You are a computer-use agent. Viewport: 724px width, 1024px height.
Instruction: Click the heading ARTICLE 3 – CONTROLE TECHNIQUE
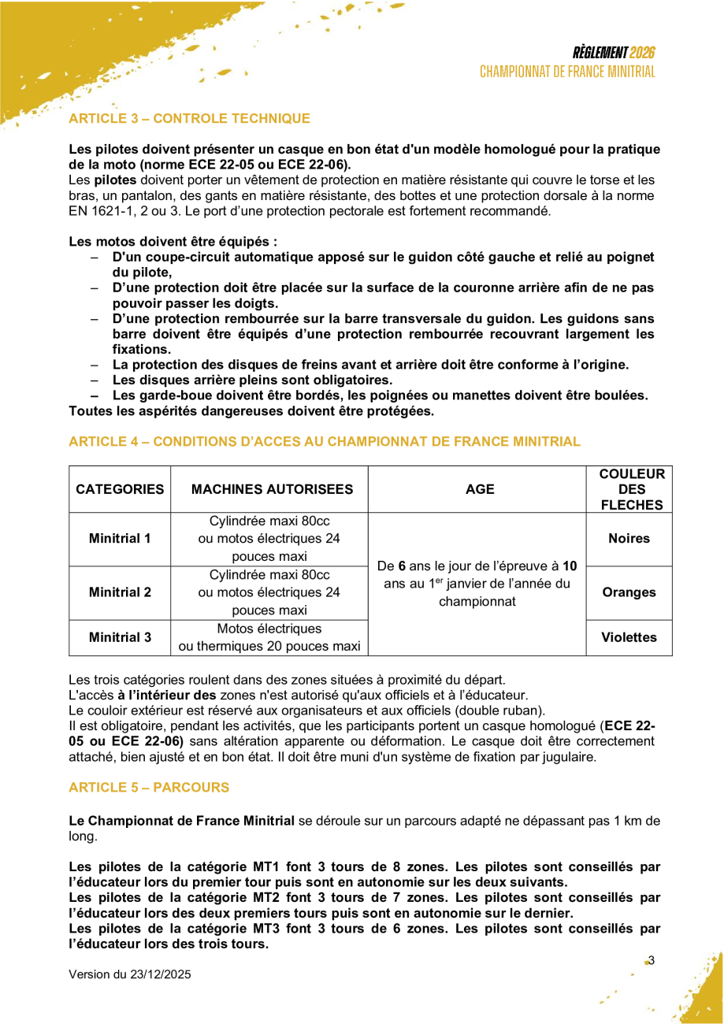(x=189, y=119)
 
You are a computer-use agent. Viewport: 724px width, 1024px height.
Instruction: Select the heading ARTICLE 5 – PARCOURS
(x=149, y=788)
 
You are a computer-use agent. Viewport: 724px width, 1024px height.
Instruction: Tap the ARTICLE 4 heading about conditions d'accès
(x=325, y=442)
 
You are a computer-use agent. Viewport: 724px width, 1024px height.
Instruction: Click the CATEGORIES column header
(x=120, y=490)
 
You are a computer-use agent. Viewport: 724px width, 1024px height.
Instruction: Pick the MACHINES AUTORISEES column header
(x=269, y=490)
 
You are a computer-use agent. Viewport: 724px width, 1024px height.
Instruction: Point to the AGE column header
(x=477, y=490)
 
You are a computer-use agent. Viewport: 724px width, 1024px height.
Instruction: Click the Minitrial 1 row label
(x=120, y=540)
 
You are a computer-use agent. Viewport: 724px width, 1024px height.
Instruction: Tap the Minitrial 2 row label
(x=120, y=593)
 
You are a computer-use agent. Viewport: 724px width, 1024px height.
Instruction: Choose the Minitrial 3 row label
(x=120, y=637)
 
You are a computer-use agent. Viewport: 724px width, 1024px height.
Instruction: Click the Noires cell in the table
(x=629, y=540)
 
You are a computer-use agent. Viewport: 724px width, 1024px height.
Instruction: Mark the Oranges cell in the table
(x=629, y=593)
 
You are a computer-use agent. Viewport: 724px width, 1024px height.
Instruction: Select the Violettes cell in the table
(x=629, y=637)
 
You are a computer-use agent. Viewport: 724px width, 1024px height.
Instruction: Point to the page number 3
(x=652, y=960)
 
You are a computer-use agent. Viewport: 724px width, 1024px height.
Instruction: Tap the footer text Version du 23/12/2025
(x=130, y=974)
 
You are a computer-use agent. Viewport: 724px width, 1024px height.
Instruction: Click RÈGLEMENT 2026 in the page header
(x=614, y=54)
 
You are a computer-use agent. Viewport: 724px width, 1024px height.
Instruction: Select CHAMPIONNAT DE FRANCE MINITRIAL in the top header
(x=567, y=72)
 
